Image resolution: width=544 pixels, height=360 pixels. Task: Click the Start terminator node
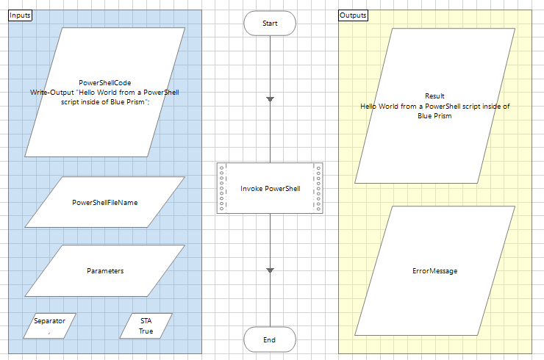pyautogui.click(x=270, y=24)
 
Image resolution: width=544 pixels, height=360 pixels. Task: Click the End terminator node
pyautogui.click(x=270, y=340)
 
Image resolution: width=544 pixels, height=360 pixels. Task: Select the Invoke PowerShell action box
pyautogui.click(x=270, y=189)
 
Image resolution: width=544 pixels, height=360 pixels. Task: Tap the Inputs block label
pyautogui.click(x=20, y=15)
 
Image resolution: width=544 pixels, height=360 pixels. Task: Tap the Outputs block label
pyautogui.click(x=354, y=15)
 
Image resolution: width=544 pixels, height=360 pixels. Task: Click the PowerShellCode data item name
pyautogui.click(x=104, y=82)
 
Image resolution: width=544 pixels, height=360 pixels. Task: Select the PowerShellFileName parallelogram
pyautogui.click(x=104, y=202)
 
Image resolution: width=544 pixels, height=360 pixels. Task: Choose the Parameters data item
pyautogui.click(x=105, y=270)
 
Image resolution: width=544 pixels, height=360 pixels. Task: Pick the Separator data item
pyautogui.click(x=49, y=321)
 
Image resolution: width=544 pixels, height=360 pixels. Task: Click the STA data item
pyautogui.click(x=146, y=321)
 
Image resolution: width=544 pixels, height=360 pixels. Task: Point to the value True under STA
pyautogui.click(x=146, y=331)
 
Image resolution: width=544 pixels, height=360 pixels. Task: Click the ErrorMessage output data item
pyautogui.click(x=435, y=271)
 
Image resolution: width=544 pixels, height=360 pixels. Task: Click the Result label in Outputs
pyautogui.click(x=435, y=96)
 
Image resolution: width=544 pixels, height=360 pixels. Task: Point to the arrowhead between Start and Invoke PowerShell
pyautogui.click(x=270, y=98)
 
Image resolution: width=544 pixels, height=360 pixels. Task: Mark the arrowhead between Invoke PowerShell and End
pyautogui.click(x=270, y=271)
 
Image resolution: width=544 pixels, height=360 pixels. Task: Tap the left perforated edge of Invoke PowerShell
pyautogui.click(x=222, y=189)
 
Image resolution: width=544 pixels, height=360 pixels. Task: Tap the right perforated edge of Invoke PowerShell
pyautogui.click(x=318, y=189)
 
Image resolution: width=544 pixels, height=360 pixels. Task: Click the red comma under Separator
pyautogui.click(x=49, y=333)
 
